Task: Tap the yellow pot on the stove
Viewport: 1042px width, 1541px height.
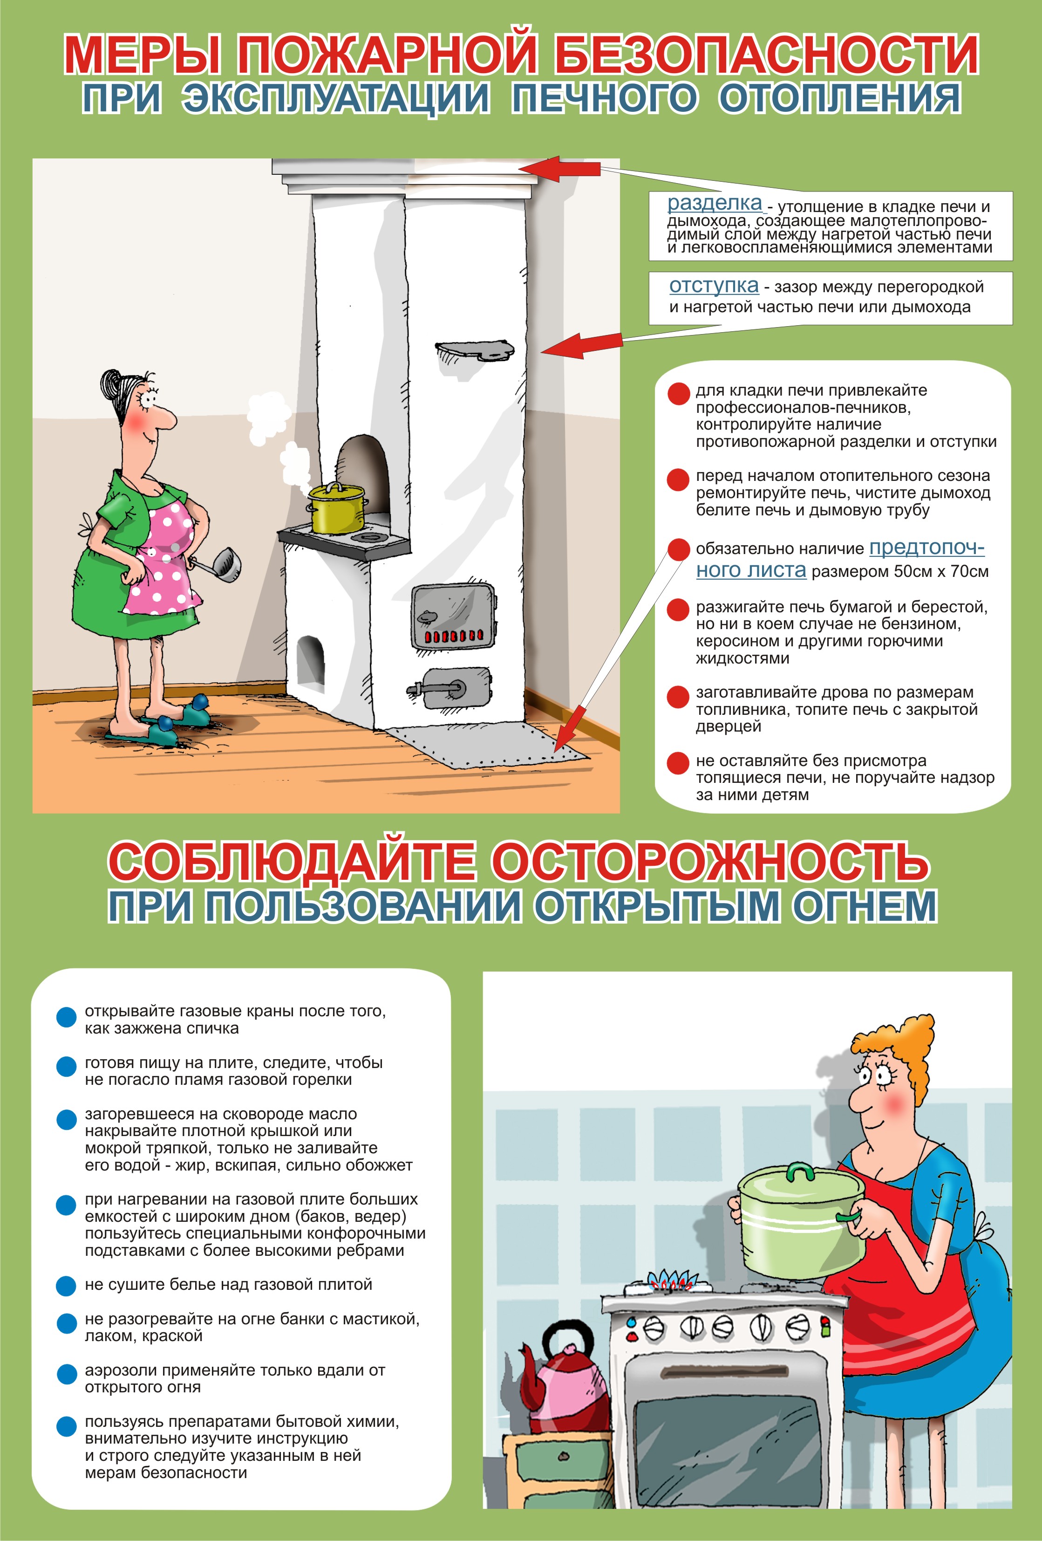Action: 336,510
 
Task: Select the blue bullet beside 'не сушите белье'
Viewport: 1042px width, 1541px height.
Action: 66,1286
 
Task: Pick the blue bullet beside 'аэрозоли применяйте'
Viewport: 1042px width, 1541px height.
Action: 66,1374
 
